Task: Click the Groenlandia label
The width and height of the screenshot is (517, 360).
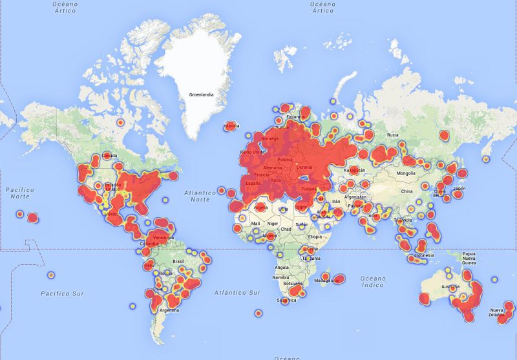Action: (201, 95)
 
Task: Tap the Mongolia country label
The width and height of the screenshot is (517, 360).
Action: (406, 174)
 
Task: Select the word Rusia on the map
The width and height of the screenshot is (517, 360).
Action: (392, 135)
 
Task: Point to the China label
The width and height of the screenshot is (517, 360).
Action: (406, 191)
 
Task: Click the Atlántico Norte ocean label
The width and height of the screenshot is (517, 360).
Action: (200, 196)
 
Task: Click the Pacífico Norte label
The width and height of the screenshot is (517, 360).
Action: (17, 193)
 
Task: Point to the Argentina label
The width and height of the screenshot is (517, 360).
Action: (169, 310)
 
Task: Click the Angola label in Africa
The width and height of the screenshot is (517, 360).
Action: (282, 267)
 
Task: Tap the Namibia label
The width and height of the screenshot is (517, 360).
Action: (280, 277)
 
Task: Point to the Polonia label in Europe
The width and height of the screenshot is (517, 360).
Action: (284, 159)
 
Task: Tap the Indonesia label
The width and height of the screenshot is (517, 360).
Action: (424, 255)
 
